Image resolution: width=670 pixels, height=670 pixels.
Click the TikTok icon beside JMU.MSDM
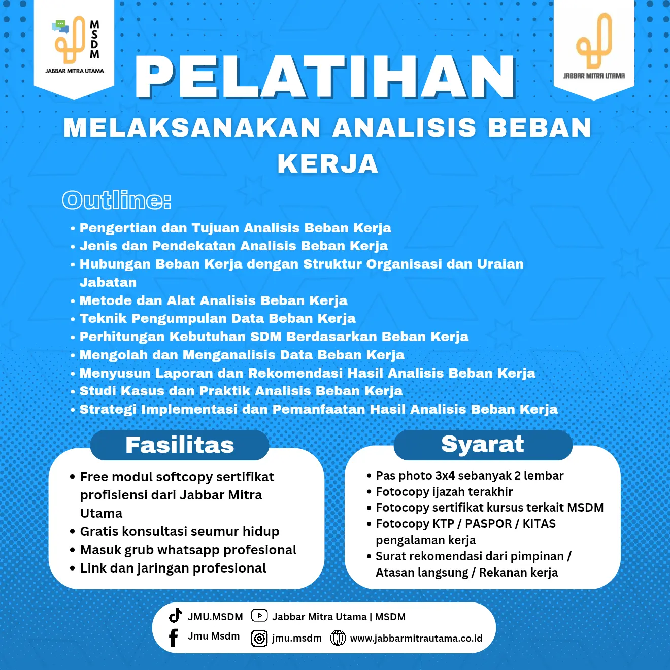[x=176, y=615]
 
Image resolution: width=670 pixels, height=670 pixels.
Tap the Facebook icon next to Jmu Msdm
[x=173, y=638]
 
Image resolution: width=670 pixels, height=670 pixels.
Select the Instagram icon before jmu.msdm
[x=259, y=639]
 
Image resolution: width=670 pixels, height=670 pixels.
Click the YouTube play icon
[x=259, y=616]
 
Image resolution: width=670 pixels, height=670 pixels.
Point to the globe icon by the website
[x=338, y=638]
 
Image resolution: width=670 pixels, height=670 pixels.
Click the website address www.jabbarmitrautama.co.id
[x=416, y=639]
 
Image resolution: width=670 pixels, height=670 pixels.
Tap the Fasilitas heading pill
[x=180, y=445]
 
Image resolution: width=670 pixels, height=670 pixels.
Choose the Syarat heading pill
[x=483, y=444]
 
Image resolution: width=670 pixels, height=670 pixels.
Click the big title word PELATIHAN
[x=325, y=77]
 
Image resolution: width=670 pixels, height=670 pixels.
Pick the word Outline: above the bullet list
[x=116, y=200]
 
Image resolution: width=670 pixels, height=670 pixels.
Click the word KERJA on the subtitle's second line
[x=328, y=164]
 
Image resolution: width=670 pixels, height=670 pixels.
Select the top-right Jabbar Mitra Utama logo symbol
[x=594, y=41]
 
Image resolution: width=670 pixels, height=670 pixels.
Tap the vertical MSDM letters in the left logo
[x=95, y=40]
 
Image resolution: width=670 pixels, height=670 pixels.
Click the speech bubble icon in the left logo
[x=60, y=26]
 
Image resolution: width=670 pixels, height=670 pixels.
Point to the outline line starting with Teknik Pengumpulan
[x=217, y=318]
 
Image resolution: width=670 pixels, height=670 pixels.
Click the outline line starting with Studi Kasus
[x=241, y=391]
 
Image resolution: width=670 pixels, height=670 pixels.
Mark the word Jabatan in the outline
[x=108, y=282]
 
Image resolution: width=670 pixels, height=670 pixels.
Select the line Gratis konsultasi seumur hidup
[x=180, y=531]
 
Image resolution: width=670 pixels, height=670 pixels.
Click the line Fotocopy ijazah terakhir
[x=444, y=491]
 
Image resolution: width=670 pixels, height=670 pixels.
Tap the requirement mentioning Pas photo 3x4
[x=470, y=476]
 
